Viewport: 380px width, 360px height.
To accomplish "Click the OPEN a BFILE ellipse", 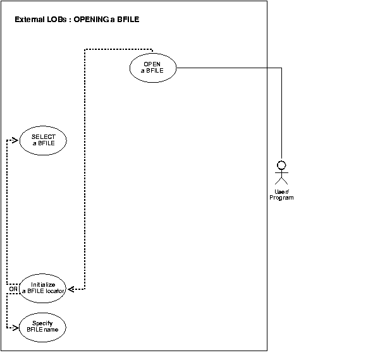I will click(152, 68).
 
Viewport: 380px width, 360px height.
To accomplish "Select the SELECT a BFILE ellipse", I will click(43, 140).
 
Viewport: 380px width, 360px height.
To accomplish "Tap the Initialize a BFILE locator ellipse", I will click(43, 288).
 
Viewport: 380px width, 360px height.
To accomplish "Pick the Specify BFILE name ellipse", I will click(43, 326).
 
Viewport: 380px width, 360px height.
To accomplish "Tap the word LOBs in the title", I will click(56, 20).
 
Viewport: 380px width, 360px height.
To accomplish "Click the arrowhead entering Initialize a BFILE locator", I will click(71, 289).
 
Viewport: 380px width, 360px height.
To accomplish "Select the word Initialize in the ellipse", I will click(43, 285).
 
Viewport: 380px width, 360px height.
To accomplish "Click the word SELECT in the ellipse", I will click(43, 137).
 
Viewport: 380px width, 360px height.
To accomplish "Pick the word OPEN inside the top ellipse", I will click(152, 64).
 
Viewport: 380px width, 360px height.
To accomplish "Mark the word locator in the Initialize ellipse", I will click(55, 291).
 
